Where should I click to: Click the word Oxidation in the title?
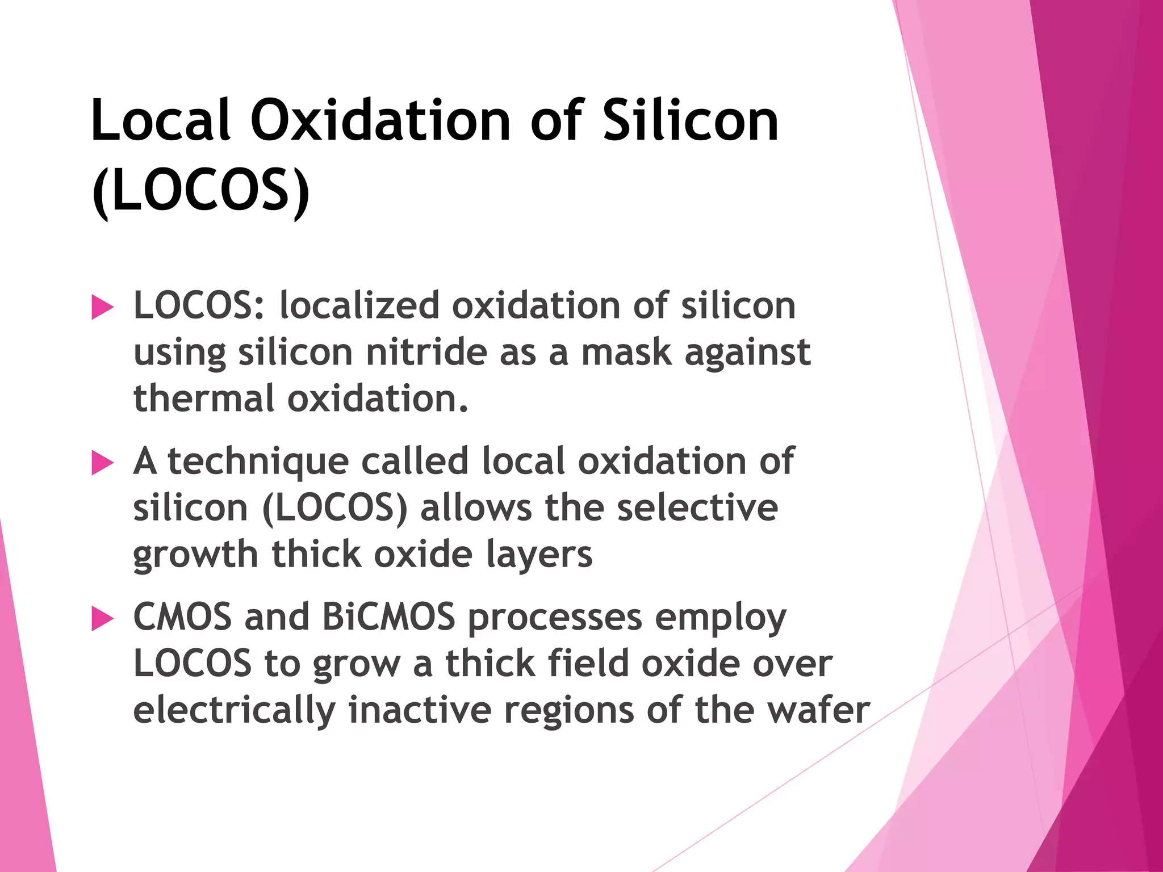point(380,120)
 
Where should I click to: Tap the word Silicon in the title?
point(690,120)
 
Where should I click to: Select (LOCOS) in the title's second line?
point(200,190)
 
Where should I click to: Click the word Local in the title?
point(161,120)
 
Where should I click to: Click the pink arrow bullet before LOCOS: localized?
point(102,308)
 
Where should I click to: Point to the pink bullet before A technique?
point(102,463)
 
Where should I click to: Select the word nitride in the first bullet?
point(426,352)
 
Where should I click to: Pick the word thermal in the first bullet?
point(204,398)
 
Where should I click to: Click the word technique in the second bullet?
point(258,461)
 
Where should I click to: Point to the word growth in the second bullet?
point(195,555)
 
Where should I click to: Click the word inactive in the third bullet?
point(420,710)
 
